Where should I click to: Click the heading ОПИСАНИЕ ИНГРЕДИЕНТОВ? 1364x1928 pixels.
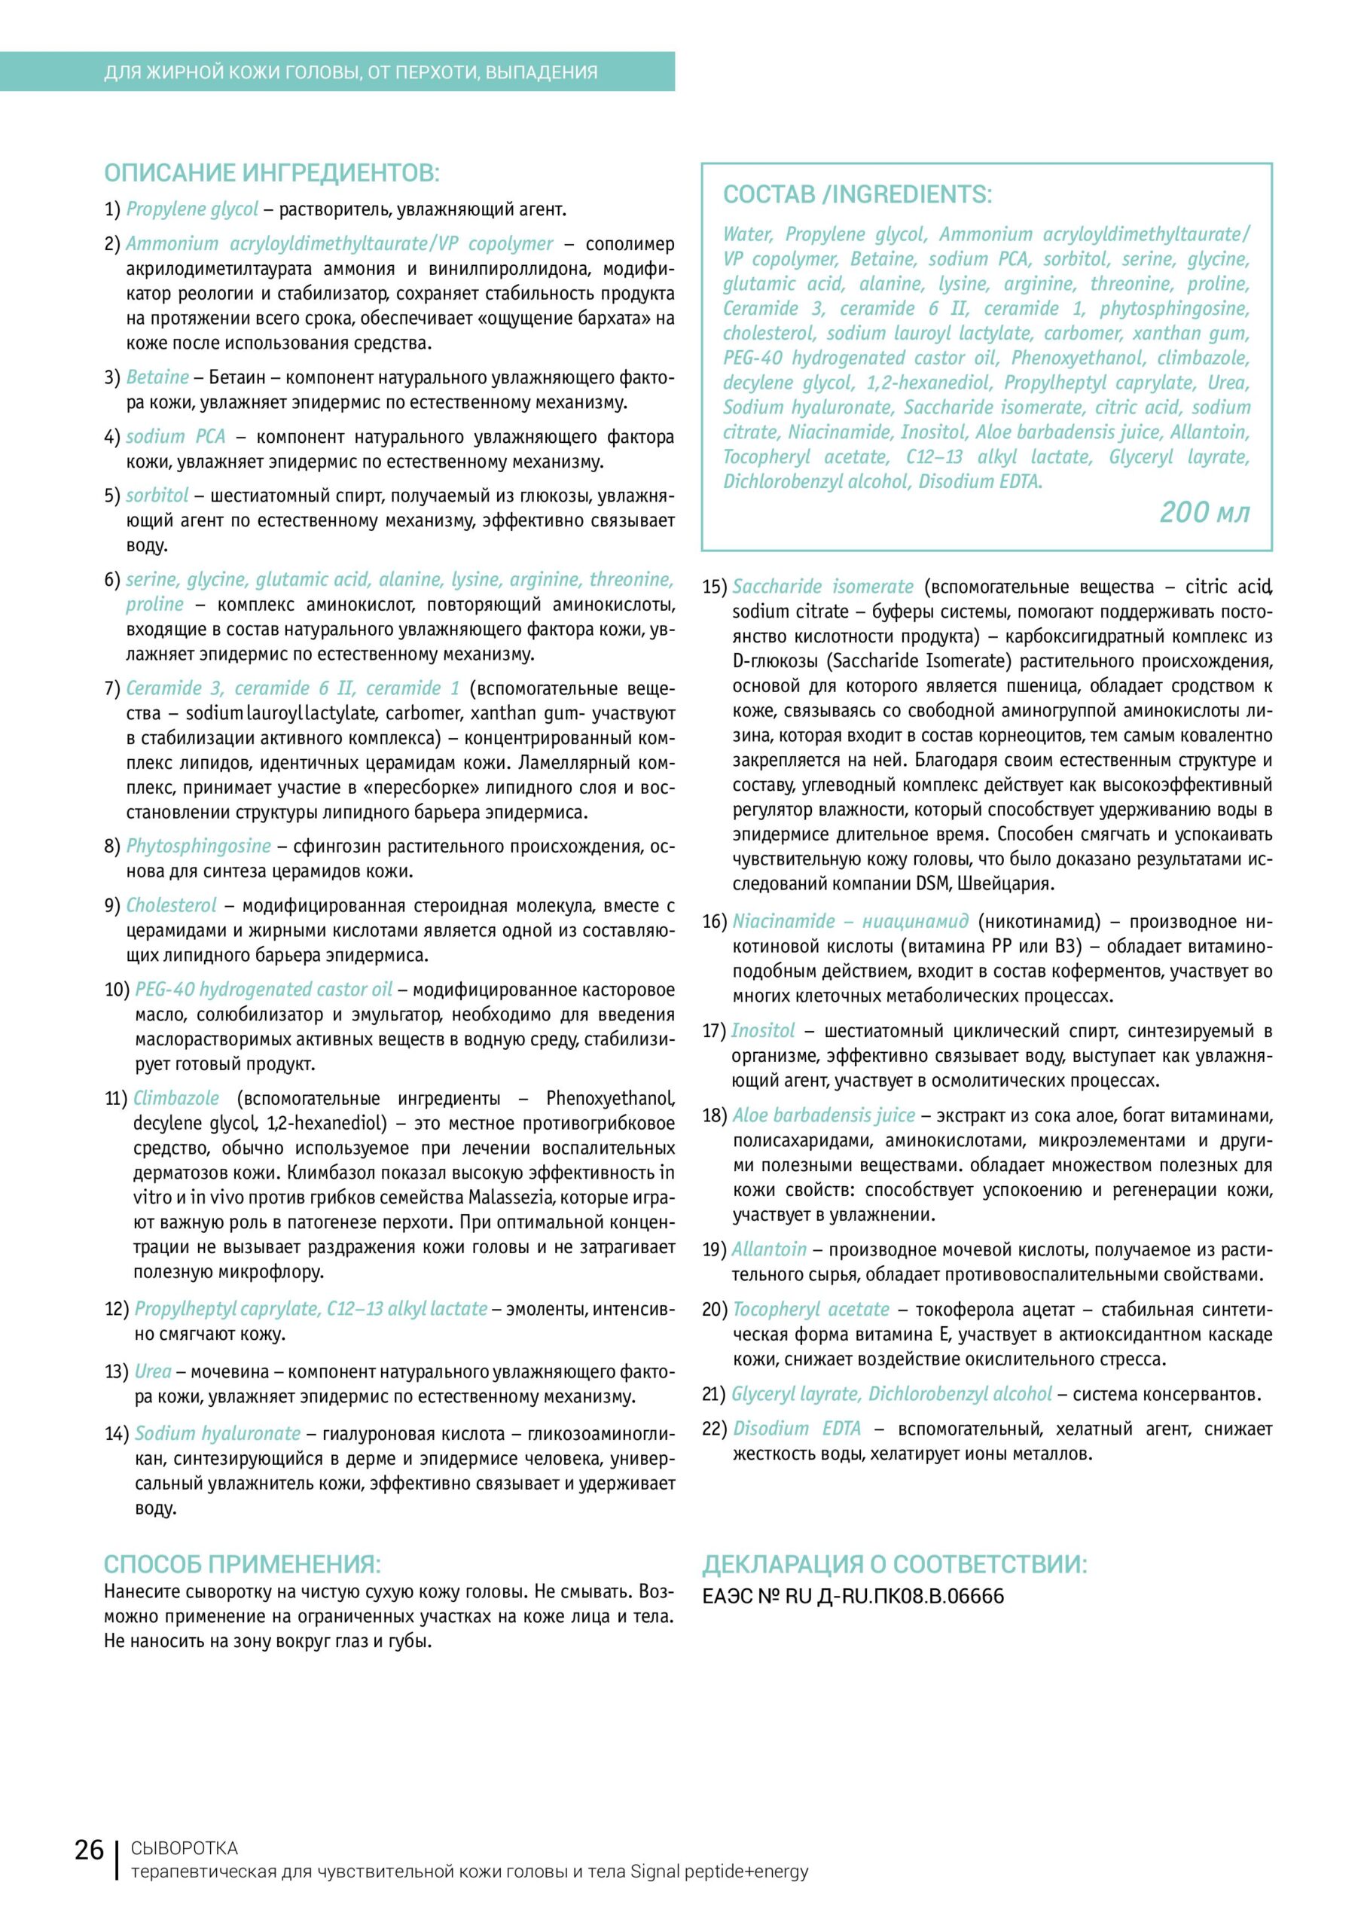point(271,174)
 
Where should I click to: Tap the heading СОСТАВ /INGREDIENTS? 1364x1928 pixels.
point(856,195)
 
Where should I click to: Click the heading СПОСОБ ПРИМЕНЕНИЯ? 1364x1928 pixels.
point(242,1564)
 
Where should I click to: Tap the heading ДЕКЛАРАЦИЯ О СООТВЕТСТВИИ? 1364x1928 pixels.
point(895,1564)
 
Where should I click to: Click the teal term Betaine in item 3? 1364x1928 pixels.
point(157,377)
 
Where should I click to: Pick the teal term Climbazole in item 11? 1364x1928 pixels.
point(176,1098)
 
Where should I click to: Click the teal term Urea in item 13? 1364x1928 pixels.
point(153,1371)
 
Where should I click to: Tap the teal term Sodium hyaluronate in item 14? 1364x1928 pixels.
point(218,1433)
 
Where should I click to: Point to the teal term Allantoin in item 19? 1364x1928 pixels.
point(768,1249)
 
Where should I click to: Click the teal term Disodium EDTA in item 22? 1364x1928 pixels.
point(797,1429)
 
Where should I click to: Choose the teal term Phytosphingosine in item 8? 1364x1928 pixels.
point(198,846)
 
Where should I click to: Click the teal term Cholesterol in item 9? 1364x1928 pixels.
point(170,905)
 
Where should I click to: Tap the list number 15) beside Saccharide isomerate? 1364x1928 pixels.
point(715,587)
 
